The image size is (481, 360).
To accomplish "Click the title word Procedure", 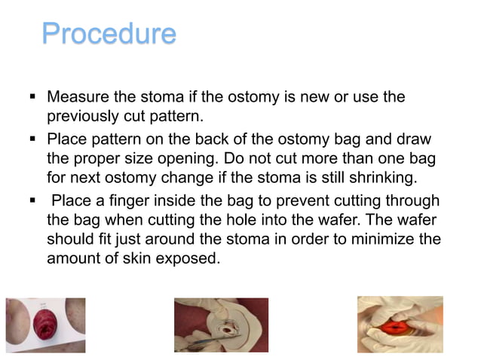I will [x=109, y=34].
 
